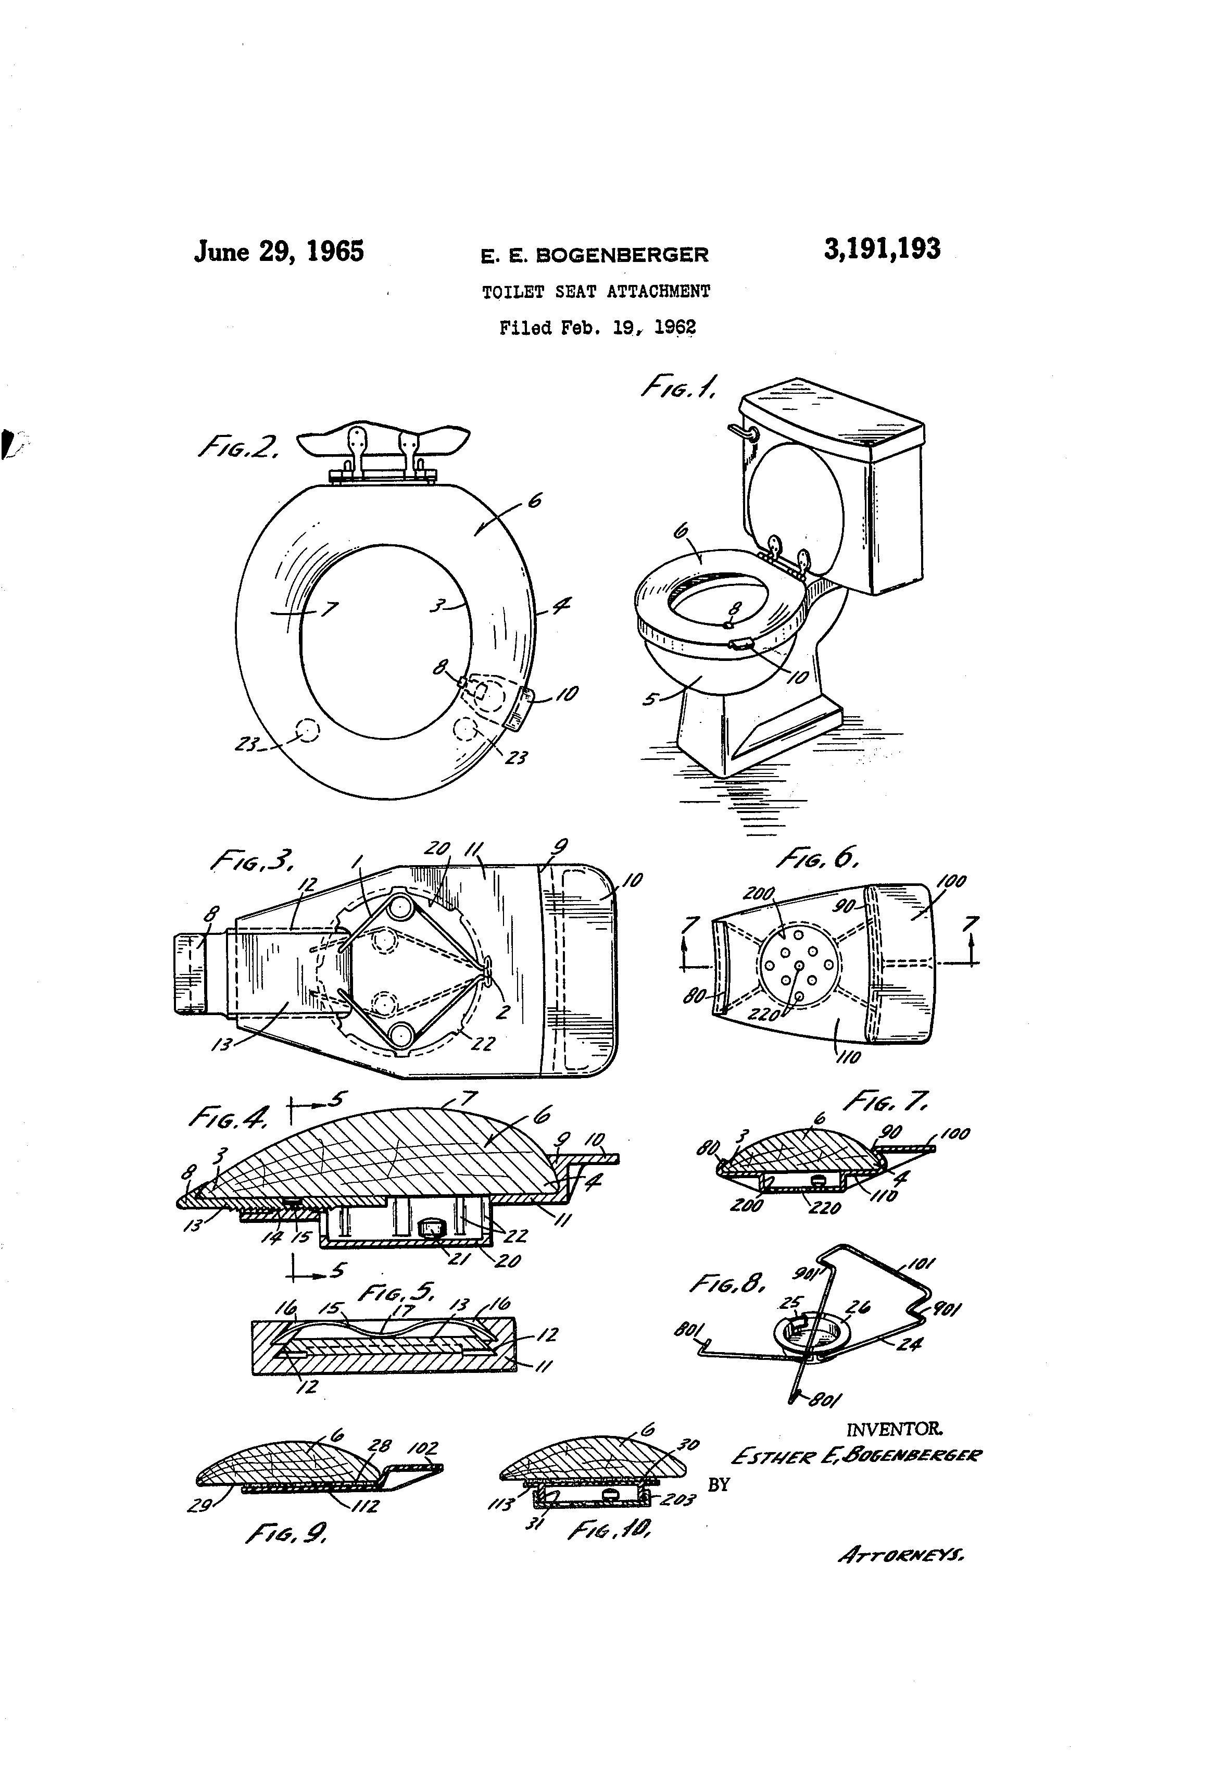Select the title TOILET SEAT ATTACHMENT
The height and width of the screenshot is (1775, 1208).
click(x=596, y=291)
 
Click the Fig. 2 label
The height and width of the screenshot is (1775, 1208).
click(x=237, y=447)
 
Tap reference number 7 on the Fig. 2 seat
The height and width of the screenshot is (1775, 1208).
click(x=334, y=609)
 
